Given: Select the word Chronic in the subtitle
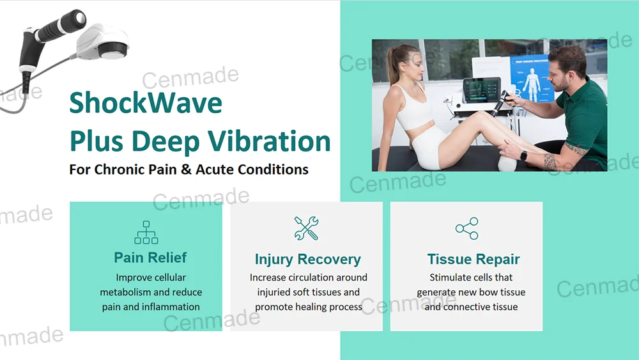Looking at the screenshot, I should click(x=123, y=169).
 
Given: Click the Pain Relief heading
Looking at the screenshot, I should click(x=150, y=258).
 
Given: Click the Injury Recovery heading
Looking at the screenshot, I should click(x=307, y=260).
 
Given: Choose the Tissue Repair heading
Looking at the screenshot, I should click(x=473, y=260).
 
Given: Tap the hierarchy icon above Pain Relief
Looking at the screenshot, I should click(x=146, y=232).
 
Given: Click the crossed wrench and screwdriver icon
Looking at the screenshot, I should click(x=306, y=228).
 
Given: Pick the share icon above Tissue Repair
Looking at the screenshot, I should click(x=466, y=228).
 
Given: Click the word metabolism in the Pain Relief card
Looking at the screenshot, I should click(x=126, y=292).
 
